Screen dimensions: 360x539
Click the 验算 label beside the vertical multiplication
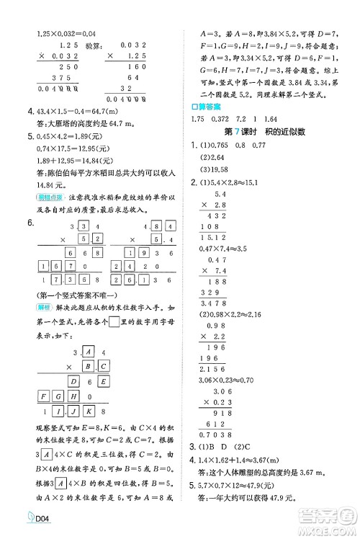point(94,43)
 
